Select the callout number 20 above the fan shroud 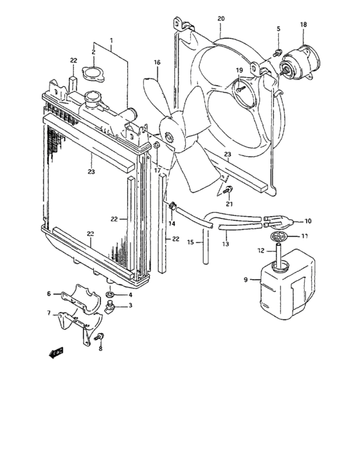[x=221, y=18]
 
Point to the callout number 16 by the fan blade [x=156, y=62]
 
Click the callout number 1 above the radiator [x=111, y=40]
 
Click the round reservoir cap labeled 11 [x=278, y=237]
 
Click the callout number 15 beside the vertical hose [x=191, y=242]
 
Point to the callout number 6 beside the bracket [x=48, y=293]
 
